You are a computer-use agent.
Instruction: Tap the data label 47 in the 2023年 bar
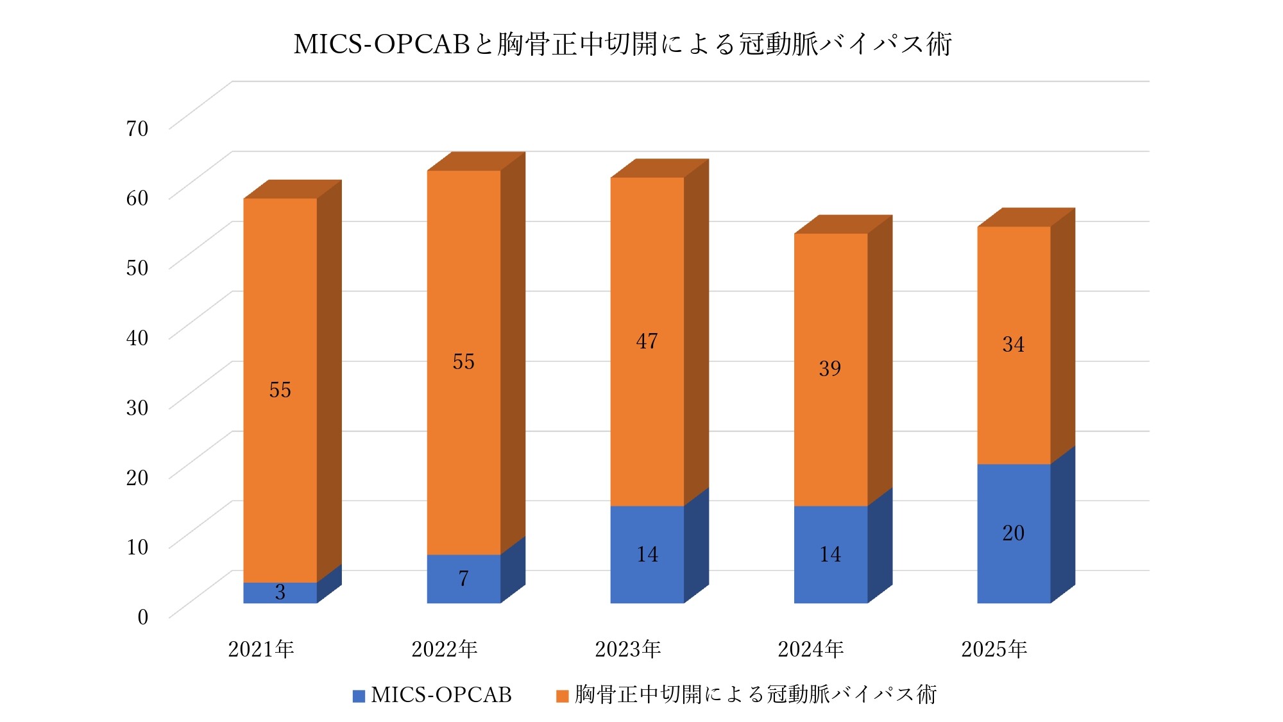[x=647, y=341]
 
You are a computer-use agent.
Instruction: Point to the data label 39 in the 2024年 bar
[x=829, y=368]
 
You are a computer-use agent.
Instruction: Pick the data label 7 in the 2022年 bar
[x=463, y=578]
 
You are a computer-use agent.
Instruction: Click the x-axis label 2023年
[x=627, y=649]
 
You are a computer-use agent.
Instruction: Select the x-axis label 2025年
[x=994, y=649]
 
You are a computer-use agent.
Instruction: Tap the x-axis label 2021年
[x=261, y=649]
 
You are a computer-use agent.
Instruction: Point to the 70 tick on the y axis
[x=137, y=128]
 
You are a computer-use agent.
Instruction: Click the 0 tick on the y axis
[x=142, y=617]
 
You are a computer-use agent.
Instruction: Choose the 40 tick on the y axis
[x=137, y=338]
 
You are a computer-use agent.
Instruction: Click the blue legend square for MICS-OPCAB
[x=359, y=696]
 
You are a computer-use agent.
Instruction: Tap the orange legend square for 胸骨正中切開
[x=562, y=696]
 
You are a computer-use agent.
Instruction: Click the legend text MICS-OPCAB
[x=441, y=694]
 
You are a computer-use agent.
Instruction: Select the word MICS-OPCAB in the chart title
[x=382, y=44]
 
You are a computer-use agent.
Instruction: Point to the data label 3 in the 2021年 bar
[x=280, y=592]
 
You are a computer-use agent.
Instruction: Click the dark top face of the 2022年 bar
[x=476, y=161]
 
